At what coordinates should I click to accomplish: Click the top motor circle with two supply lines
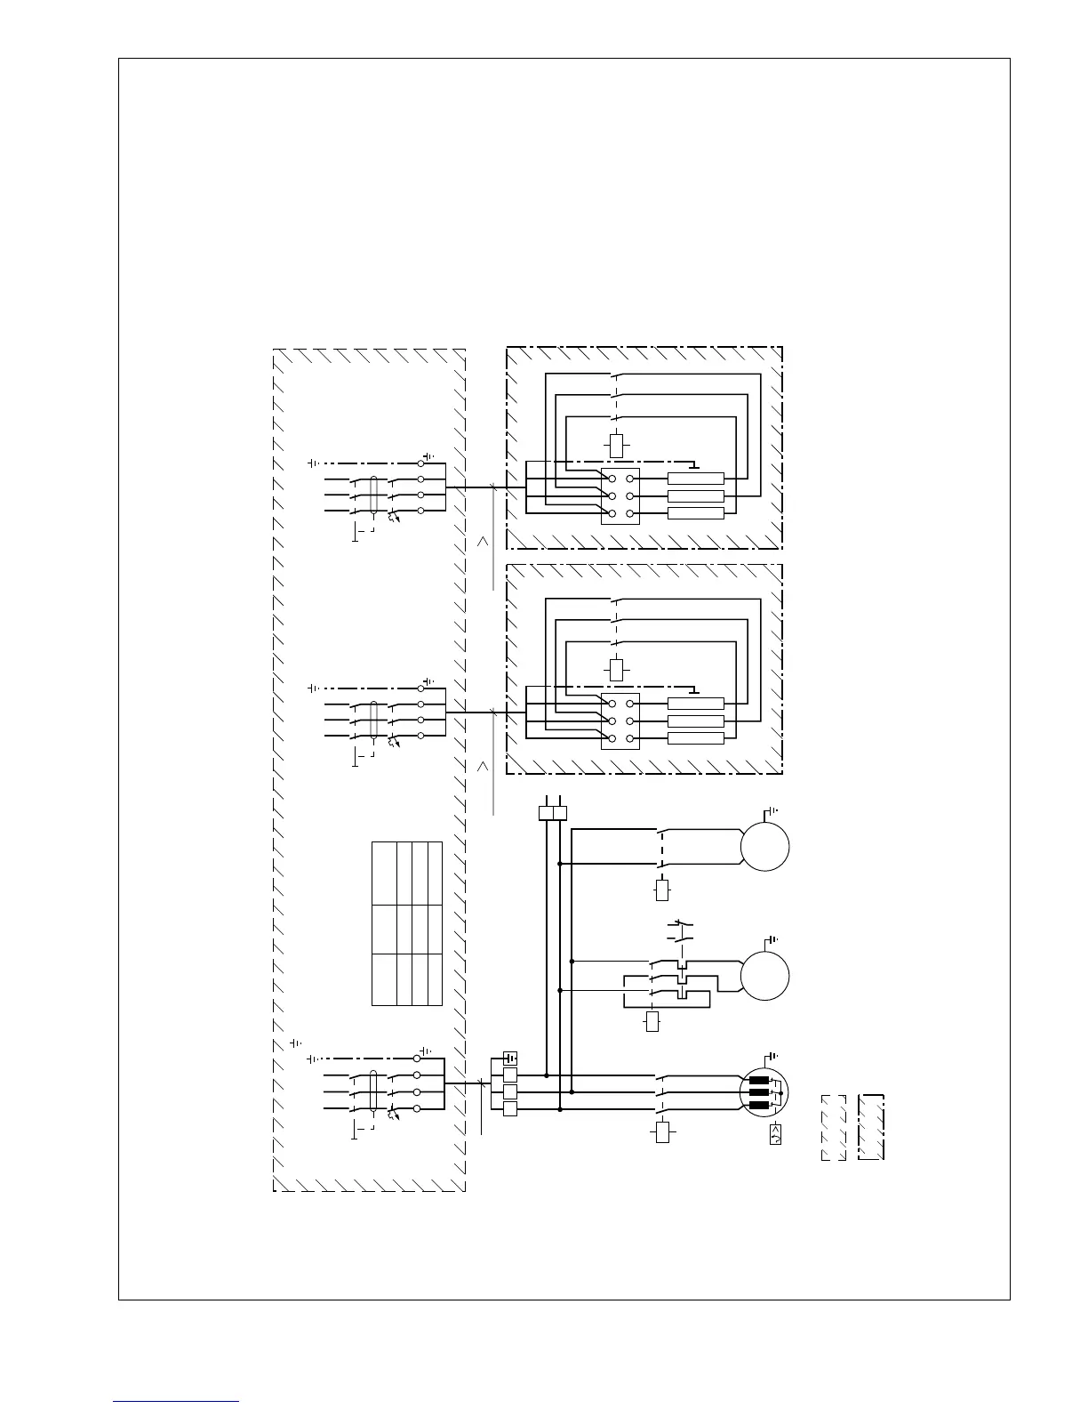click(764, 845)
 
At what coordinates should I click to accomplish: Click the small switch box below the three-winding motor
click(775, 1134)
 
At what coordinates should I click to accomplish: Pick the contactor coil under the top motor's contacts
click(662, 890)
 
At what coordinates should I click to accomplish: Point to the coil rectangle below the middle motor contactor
click(653, 1022)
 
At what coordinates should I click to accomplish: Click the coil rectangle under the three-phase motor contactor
click(662, 1132)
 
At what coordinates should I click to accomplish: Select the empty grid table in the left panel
click(406, 922)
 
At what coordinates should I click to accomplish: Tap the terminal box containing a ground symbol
click(510, 1059)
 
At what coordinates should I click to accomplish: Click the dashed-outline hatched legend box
click(833, 1127)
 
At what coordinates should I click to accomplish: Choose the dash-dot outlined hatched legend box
click(872, 1127)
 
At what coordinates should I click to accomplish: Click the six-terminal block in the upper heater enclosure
click(620, 496)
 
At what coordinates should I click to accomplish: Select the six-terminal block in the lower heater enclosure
click(620, 721)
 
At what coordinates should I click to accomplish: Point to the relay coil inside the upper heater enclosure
click(616, 445)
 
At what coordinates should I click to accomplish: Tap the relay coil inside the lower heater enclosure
click(616, 669)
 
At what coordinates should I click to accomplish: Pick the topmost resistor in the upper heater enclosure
click(696, 479)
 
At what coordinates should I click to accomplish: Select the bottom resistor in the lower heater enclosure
click(696, 738)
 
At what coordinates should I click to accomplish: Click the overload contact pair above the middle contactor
click(679, 932)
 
